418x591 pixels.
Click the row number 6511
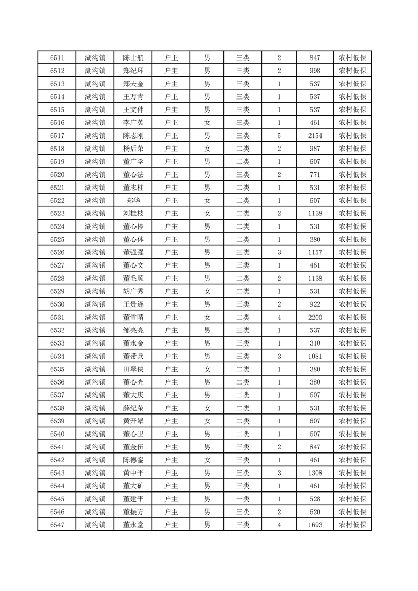(x=57, y=58)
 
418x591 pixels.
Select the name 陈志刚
(x=133, y=136)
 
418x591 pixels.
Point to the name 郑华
(x=133, y=201)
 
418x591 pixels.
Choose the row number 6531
(x=57, y=317)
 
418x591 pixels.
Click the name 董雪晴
(x=133, y=317)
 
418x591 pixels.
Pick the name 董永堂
(x=133, y=525)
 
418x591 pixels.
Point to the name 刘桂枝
(x=133, y=213)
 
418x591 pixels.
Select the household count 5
(x=279, y=136)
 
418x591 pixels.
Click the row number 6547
(x=57, y=525)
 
